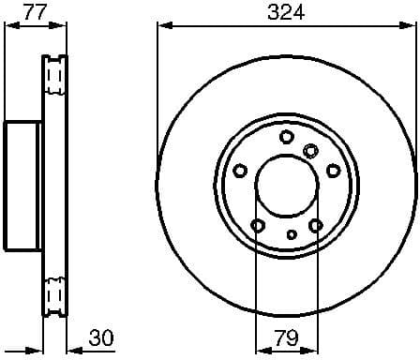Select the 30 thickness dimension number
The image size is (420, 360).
pos(104,337)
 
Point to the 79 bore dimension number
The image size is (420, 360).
pos(286,337)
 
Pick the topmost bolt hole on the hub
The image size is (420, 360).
pos(286,137)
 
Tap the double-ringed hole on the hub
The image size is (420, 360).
pos(310,149)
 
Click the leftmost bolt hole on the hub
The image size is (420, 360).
pos(240,170)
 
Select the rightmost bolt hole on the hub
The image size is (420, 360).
pos(333,170)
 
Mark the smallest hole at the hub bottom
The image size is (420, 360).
pos(292,233)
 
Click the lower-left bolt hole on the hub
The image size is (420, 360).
pos(257,225)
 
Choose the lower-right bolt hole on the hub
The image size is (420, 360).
pos(315,225)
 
